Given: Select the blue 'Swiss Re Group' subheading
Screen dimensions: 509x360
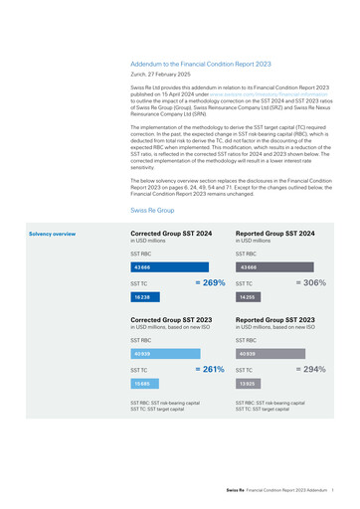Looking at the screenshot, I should [x=152, y=212].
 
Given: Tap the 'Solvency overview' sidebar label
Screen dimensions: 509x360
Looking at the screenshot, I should [x=52, y=234].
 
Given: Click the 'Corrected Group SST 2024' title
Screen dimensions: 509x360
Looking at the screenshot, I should [x=171, y=234].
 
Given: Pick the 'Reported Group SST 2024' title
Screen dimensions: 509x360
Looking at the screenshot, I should [x=275, y=234].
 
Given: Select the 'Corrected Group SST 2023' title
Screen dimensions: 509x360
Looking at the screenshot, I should [x=171, y=320].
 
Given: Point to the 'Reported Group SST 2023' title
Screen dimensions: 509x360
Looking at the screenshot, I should [x=275, y=320].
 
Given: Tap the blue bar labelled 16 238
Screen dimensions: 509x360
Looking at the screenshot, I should [x=145, y=297].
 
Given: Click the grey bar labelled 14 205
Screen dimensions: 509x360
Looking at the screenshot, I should [x=248, y=297].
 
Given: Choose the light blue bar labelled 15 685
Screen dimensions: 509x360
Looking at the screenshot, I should [x=145, y=383].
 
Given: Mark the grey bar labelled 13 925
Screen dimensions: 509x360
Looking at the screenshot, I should [x=248, y=383].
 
